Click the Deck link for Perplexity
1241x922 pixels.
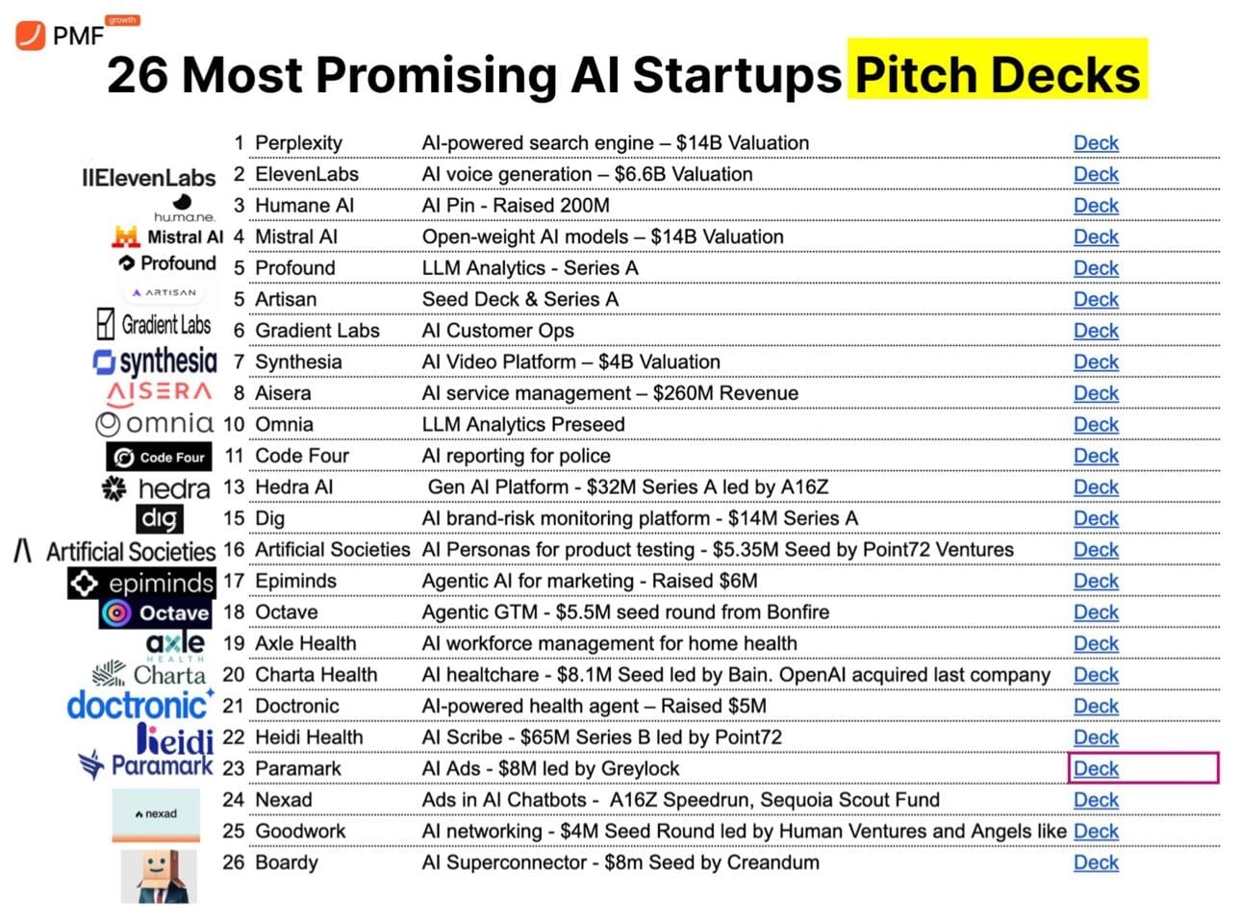click(1096, 143)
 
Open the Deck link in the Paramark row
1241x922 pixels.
click(1096, 769)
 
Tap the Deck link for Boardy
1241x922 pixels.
click(1096, 863)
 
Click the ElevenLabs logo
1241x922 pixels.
click(149, 178)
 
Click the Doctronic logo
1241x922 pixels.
click(140, 705)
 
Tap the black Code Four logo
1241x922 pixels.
click(159, 457)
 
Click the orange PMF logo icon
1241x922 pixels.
click(30, 36)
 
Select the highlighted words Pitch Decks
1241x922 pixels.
click(998, 73)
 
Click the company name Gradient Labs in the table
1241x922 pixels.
click(317, 331)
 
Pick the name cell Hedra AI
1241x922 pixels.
click(293, 487)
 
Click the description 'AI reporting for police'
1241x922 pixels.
click(516, 456)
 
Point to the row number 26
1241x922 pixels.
click(234, 862)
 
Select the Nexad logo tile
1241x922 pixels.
click(156, 814)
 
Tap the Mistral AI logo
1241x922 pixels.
click(167, 237)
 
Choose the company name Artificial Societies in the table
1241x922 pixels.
click(332, 550)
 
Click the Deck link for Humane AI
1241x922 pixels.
click(1096, 206)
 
